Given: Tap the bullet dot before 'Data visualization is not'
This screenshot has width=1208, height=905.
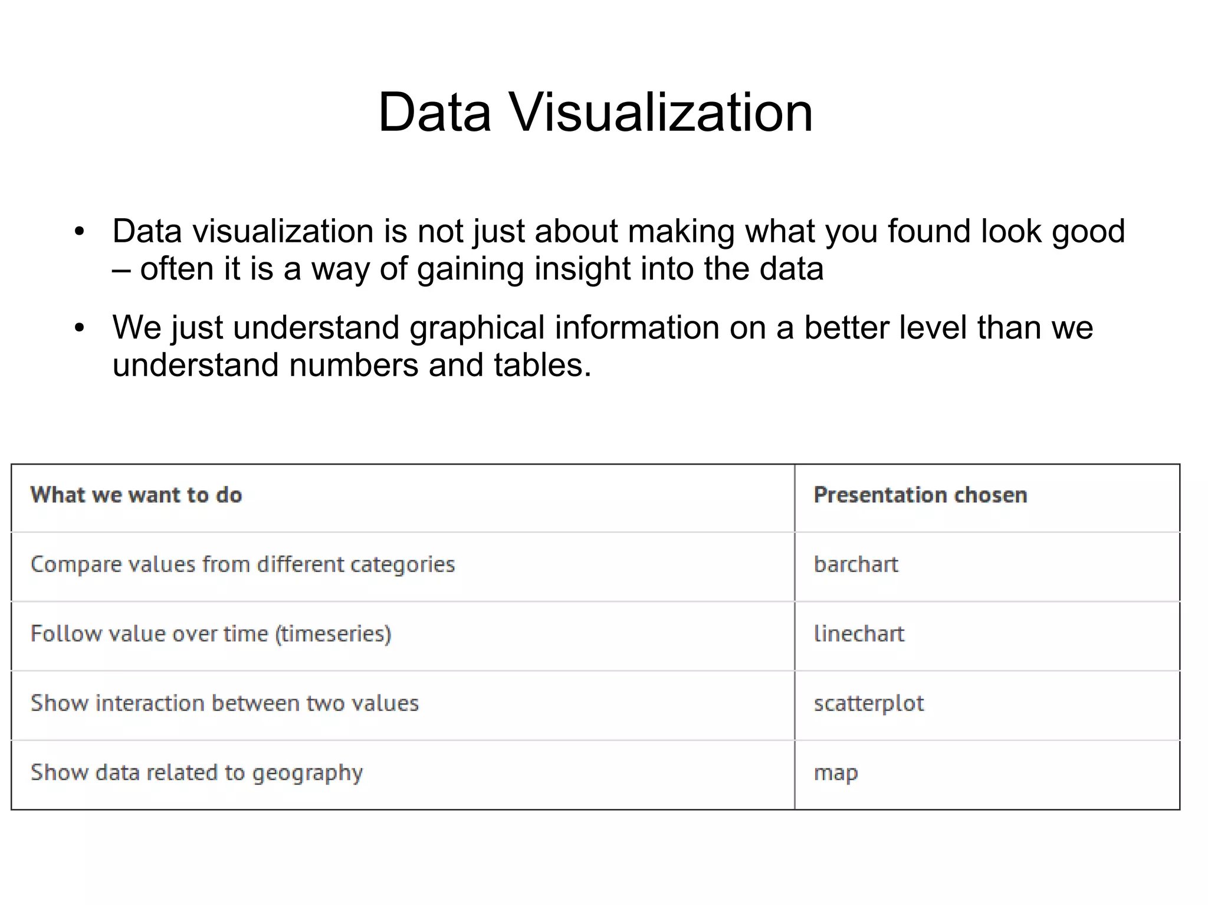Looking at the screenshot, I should (x=80, y=232).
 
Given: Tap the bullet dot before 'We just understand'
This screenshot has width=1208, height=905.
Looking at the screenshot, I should (x=80, y=328).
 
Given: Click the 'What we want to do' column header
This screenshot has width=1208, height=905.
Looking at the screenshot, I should (x=136, y=495).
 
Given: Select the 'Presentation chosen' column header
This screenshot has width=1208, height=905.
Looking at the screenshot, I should (x=920, y=495).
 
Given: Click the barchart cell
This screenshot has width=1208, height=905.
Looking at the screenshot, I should (x=856, y=565).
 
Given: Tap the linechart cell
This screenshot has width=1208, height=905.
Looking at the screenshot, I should (x=859, y=634).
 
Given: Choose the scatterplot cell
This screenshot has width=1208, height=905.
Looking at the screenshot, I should (x=869, y=703).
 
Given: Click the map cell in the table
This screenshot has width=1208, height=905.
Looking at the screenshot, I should (x=836, y=773).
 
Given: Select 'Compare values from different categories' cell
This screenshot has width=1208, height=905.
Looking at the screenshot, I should (x=242, y=565).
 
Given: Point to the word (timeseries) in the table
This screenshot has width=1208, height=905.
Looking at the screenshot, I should (x=333, y=634).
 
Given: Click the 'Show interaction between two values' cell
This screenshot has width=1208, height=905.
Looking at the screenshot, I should (x=225, y=703).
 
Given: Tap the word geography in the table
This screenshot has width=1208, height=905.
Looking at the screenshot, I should (x=307, y=773).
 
